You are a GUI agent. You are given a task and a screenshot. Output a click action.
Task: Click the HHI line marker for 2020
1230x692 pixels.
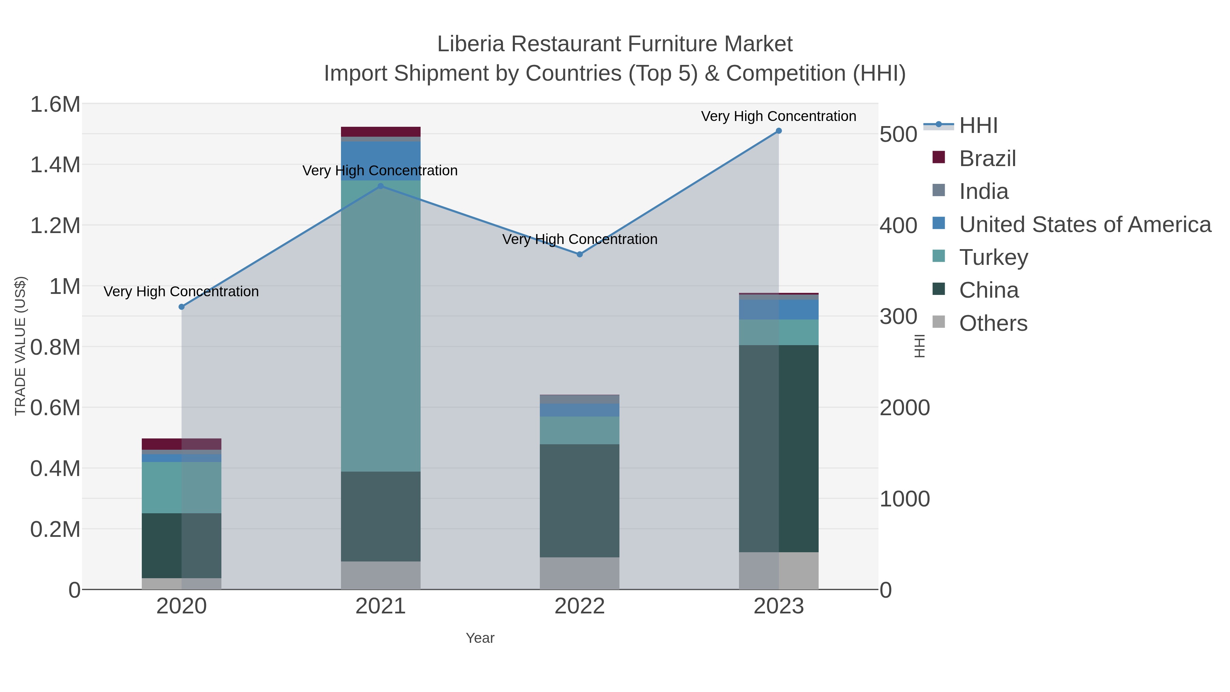point(181,307)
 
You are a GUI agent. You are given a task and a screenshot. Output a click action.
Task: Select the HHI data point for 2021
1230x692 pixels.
point(381,186)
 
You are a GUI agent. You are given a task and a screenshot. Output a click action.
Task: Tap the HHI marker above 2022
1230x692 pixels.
point(580,255)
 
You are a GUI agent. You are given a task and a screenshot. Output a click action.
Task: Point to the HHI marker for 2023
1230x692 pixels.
point(779,131)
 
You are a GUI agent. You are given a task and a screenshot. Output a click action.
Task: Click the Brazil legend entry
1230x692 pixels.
point(987,159)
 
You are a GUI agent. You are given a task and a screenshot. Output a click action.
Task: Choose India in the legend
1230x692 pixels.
point(984,191)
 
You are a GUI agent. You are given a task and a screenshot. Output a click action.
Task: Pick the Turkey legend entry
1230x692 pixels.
point(993,257)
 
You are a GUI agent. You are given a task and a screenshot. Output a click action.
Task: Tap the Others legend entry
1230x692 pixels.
point(993,323)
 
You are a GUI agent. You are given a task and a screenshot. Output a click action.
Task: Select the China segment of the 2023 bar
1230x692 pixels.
point(779,449)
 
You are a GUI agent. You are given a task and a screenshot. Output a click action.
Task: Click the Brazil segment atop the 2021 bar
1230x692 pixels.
point(381,132)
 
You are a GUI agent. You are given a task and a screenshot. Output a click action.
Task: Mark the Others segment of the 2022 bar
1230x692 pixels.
point(580,573)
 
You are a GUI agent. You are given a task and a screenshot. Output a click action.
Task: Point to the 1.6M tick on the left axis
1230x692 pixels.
point(55,105)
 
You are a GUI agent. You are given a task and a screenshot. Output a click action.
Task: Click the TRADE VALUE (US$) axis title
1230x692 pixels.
point(20,346)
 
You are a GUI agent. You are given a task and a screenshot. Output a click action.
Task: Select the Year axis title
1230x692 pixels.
point(480,638)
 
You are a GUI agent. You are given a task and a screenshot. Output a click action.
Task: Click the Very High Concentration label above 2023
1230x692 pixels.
point(778,117)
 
